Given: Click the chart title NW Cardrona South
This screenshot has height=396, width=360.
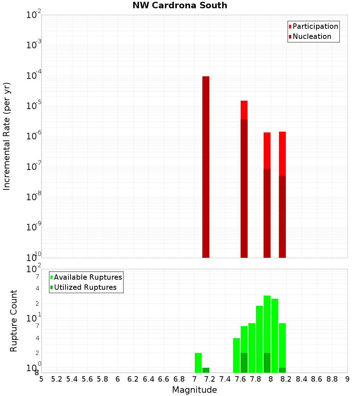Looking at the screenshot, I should (180, 5).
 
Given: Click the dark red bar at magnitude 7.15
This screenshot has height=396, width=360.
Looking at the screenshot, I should (206, 166).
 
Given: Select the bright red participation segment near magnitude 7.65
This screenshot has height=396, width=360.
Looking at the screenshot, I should (244, 110).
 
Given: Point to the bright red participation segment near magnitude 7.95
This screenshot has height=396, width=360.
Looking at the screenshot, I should (267, 150).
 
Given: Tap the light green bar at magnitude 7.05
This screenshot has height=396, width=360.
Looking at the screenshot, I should (198, 363).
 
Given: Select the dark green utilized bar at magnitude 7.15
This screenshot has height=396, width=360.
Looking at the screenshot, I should (206, 370).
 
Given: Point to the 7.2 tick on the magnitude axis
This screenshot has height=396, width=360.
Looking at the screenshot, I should (210, 379).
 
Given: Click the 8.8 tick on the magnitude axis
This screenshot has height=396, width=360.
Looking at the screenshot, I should (332, 379).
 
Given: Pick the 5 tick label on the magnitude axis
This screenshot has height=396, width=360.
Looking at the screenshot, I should (41, 379).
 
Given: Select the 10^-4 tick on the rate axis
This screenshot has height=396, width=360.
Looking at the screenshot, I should (34, 76).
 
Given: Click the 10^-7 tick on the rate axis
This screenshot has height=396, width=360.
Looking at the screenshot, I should (34, 167).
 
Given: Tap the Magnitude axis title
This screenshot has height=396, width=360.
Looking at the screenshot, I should (194, 390).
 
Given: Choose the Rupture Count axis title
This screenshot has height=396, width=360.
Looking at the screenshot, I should (14, 321).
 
